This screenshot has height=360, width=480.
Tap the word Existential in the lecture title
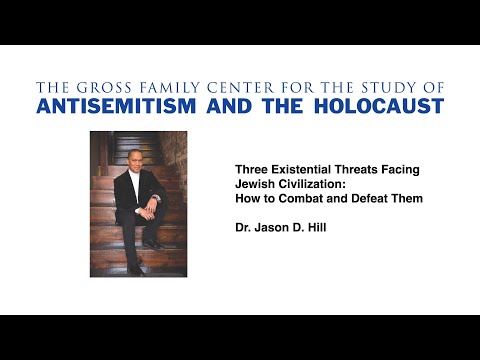coord(299,171)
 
